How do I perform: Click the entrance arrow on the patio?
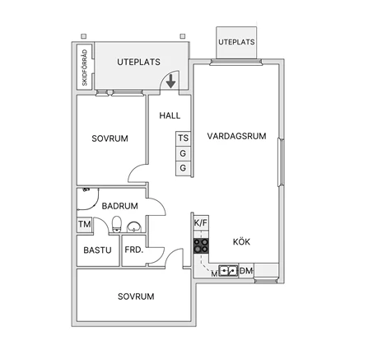(x=170, y=82)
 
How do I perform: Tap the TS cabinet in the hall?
(x=183, y=138)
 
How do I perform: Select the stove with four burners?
(x=201, y=245)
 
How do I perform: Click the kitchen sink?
(x=228, y=271)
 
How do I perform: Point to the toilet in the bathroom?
(x=117, y=224)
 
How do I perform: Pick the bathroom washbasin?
(x=134, y=227)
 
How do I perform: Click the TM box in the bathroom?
(x=85, y=225)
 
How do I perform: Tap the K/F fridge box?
(x=201, y=222)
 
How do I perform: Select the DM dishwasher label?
(x=246, y=271)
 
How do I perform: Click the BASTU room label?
(x=97, y=250)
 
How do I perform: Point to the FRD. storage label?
(x=134, y=250)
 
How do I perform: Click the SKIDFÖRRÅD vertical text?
(x=85, y=68)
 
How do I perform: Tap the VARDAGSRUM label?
(x=236, y=136)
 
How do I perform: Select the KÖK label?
(x=241, y=242)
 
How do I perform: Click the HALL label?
(x=170, y=115)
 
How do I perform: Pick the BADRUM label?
(x=120, y=206)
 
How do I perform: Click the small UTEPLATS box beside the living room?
(x=236, y=43)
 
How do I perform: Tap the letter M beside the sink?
(x=214, y=274)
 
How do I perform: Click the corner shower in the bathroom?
(x=87, y=199)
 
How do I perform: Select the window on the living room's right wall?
(x=281, y=162)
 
